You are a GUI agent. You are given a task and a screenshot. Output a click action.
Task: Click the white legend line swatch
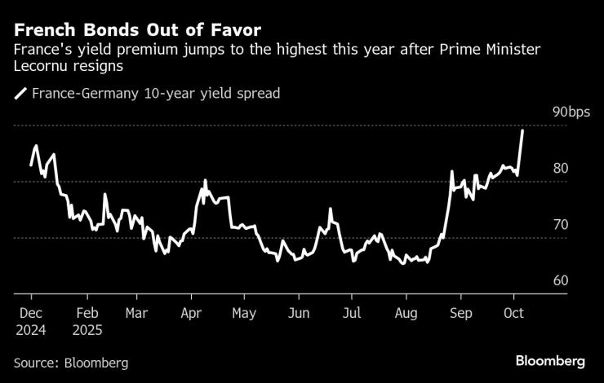click(20, 94)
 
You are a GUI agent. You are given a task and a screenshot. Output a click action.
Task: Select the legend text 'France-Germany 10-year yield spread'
click(155, 94)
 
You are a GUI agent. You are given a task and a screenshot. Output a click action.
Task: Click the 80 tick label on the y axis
click(561, 168)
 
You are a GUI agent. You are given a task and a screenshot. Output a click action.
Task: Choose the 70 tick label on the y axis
click(561, 224)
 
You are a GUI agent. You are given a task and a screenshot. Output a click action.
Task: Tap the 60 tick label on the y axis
click(561, 280)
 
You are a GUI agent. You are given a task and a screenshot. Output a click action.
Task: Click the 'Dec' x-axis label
click(30, 313)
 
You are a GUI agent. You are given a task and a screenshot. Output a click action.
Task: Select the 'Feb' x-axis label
click(87, 313)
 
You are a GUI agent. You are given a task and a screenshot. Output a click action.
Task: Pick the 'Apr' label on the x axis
click(191, 313)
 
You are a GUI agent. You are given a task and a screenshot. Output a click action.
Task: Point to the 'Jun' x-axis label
click(300, 313)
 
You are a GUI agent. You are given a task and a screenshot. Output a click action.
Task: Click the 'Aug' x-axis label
click(406, 313)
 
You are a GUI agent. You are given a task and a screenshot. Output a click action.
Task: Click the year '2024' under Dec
click(32, 331)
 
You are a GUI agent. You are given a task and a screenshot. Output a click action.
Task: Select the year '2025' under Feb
click(88, 331)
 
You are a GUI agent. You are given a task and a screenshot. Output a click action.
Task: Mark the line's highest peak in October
click(522, 130)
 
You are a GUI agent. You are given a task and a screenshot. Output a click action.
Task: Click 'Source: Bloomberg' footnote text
click(70, 363)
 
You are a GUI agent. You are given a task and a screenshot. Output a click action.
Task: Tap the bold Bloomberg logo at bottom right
click(550, 361)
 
